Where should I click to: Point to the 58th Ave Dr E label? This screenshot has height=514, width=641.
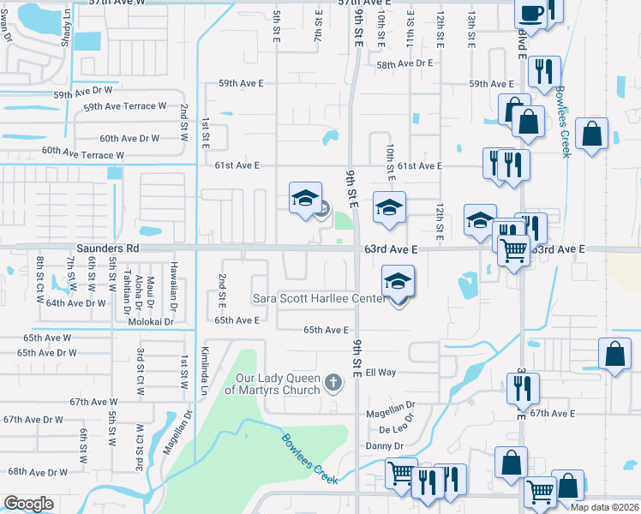[404, 63]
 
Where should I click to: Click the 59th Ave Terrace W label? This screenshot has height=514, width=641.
[124, 107]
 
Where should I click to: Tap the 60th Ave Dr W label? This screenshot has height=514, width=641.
[129, 138]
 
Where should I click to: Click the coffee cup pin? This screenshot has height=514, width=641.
[530, 12]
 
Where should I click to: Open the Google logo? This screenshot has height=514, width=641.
[28, 503]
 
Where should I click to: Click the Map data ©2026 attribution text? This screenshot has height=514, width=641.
[603, 507]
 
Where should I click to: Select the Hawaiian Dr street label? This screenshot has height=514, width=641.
[173, 286]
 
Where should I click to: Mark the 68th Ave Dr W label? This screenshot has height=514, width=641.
[38, 472]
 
